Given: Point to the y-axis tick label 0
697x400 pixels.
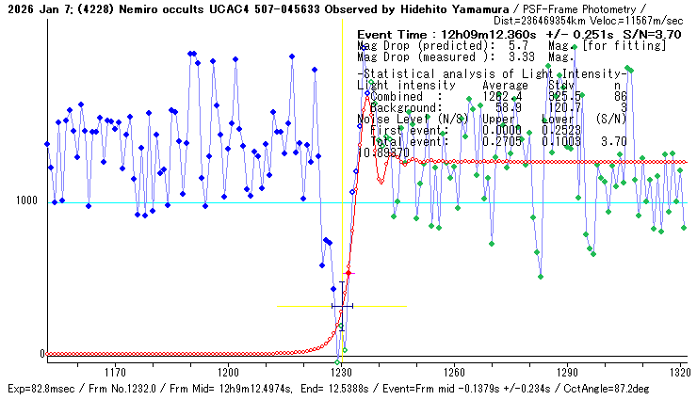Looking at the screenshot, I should coord(41,354).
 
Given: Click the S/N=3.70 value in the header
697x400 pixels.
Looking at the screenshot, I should coord(655,34).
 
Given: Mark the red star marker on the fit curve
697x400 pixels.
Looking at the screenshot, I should coord(348,273).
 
